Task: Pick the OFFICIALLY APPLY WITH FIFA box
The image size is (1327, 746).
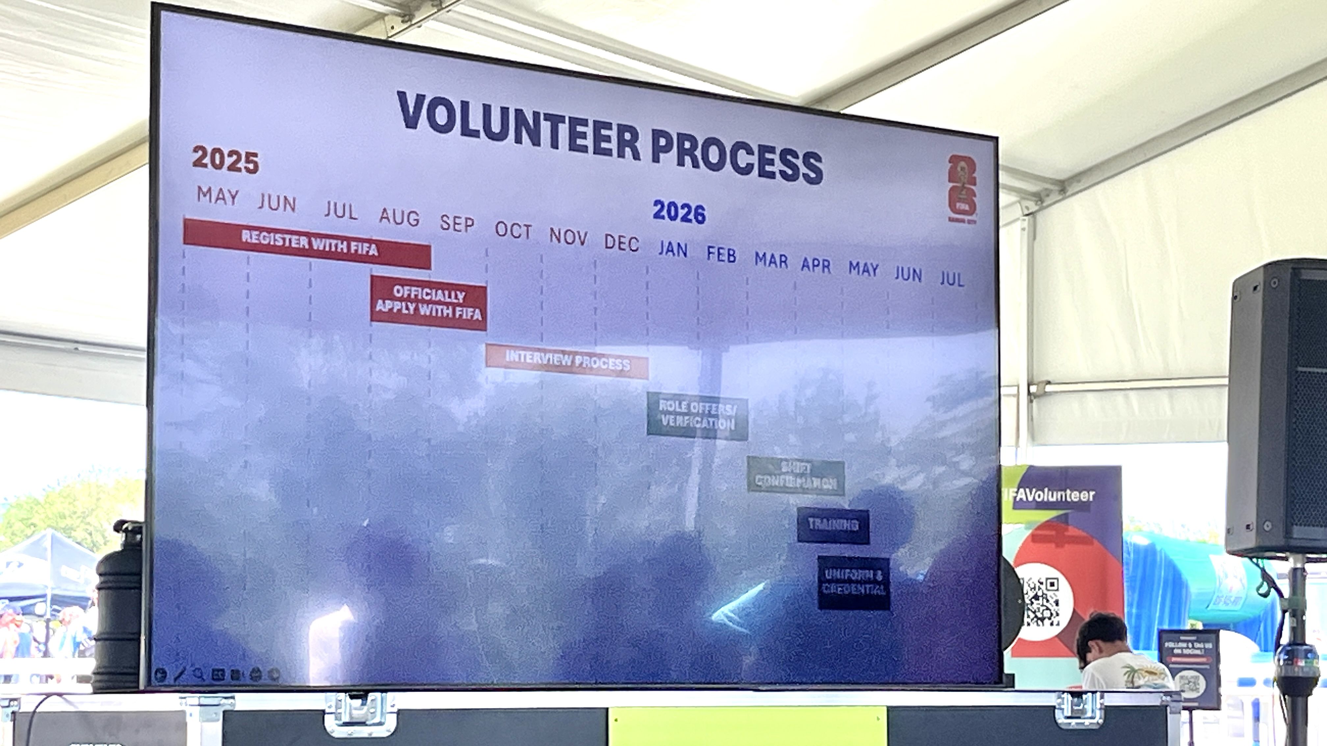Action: click(428, 303)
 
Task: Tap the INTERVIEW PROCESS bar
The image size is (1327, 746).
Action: click(567, 361)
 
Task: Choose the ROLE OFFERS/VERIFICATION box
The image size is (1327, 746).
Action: click(697, 416)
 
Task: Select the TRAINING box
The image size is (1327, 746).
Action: click(833, 526)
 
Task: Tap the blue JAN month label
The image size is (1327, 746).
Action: click(673, 250)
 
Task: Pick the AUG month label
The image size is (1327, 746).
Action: click(399, 218)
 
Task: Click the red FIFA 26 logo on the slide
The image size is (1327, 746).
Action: click(962, 190)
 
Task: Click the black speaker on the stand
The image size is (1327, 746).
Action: click(1277, 407)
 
